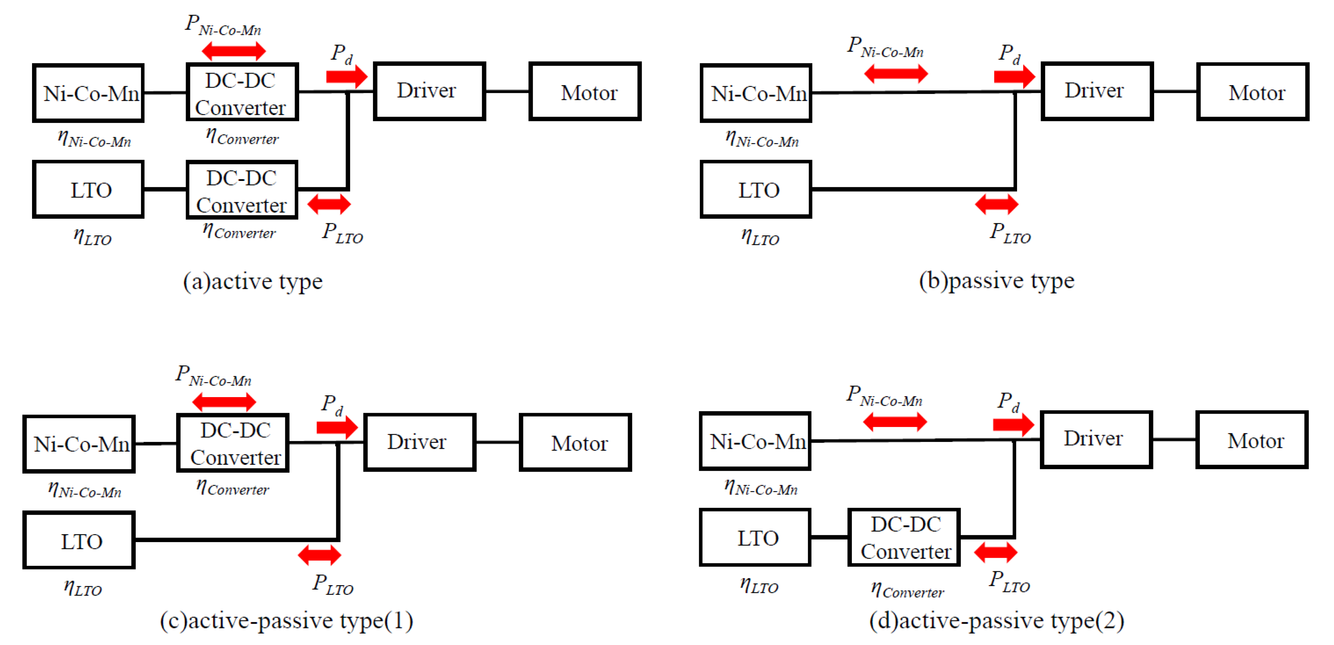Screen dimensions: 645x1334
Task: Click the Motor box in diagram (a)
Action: click(x=585, y=92)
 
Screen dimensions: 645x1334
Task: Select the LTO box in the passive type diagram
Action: click(x=756, y=189)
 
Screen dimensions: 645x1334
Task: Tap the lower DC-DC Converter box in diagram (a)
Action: click(x=242, y=190)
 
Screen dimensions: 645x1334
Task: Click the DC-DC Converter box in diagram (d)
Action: click(x=904, y=538)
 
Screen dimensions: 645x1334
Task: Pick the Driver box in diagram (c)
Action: click(x=420, y=442)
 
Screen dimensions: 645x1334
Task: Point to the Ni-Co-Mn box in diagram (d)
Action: click(x=755, y=441)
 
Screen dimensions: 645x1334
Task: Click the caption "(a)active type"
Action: click(x=253, y=281)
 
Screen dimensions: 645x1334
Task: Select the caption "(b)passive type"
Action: click(x=996, y=281)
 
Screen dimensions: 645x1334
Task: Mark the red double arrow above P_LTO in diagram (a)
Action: click(x=329, y=204)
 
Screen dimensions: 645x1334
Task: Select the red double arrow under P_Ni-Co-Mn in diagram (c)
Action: click(x=224, y=401)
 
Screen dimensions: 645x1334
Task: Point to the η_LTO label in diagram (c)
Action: click(x=83, y=588)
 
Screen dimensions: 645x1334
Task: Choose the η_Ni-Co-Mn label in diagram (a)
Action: click(x=94, y=139)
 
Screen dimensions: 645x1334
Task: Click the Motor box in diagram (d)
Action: click(x=1252, y=440)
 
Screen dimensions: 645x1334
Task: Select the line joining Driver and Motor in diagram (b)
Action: click(x=1174, y=92)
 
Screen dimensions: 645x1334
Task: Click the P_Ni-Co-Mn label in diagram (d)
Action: click(x=885, y=396)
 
